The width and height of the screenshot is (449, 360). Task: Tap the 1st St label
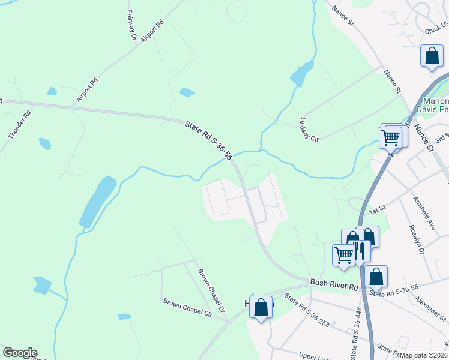click(x=376, y=210)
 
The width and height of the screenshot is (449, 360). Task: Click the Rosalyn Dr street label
click(x=417, y=239)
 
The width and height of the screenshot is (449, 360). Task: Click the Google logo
click(x=20, y=353)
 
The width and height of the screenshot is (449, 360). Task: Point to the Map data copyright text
click(x=424, y=355)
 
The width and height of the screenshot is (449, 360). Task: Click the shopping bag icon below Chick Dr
click(x=432, y=56)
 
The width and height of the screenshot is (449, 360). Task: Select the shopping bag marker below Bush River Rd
click(x=261, y=308)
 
